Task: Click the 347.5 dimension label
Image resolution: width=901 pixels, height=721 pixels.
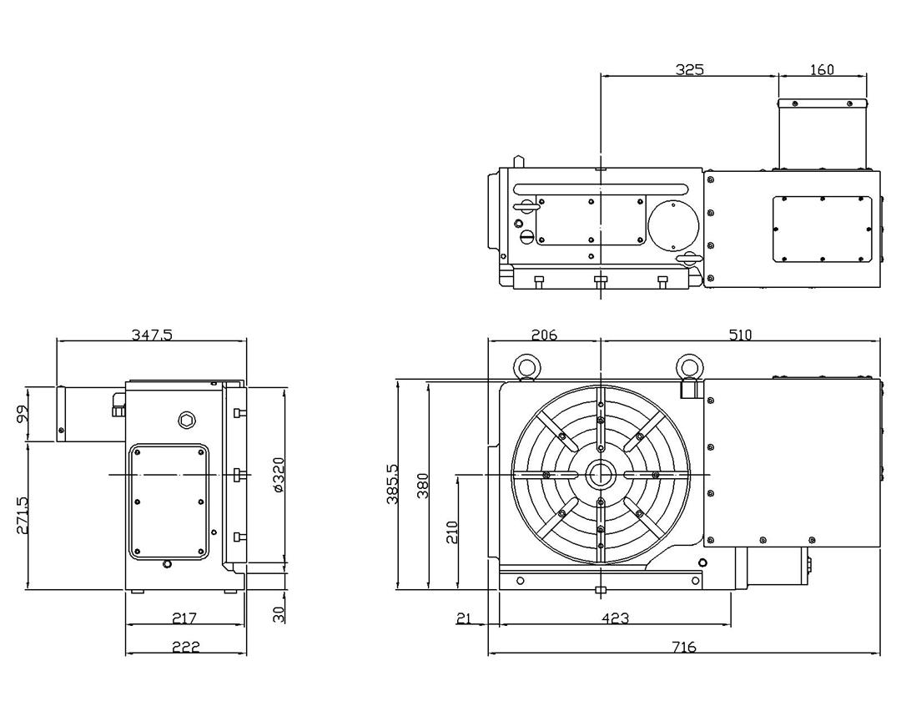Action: point(152,335)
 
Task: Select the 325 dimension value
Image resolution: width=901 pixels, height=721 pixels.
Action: point(689,69)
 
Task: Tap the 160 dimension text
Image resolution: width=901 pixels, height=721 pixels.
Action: point(822,69)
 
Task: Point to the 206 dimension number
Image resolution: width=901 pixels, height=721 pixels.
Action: point(543,335)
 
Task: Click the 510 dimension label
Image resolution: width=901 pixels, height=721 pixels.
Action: point(740,335)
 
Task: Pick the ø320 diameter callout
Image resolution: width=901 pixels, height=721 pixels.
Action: point(279,475)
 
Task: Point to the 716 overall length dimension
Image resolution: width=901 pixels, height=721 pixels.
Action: point(683,647)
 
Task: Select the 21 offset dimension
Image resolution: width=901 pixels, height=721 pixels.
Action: point(465,618)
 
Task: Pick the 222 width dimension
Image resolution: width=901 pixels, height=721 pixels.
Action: point(185,647)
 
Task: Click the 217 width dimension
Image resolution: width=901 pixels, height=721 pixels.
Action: point(184,618)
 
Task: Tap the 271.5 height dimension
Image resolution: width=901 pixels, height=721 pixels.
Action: point(22,516)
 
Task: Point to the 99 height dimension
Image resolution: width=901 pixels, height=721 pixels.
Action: point(22,413)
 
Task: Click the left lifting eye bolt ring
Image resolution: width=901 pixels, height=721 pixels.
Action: point(526,365)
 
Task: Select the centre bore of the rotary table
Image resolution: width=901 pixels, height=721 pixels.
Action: point(600,475)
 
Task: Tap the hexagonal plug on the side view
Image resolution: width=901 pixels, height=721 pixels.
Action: point(186,420)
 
